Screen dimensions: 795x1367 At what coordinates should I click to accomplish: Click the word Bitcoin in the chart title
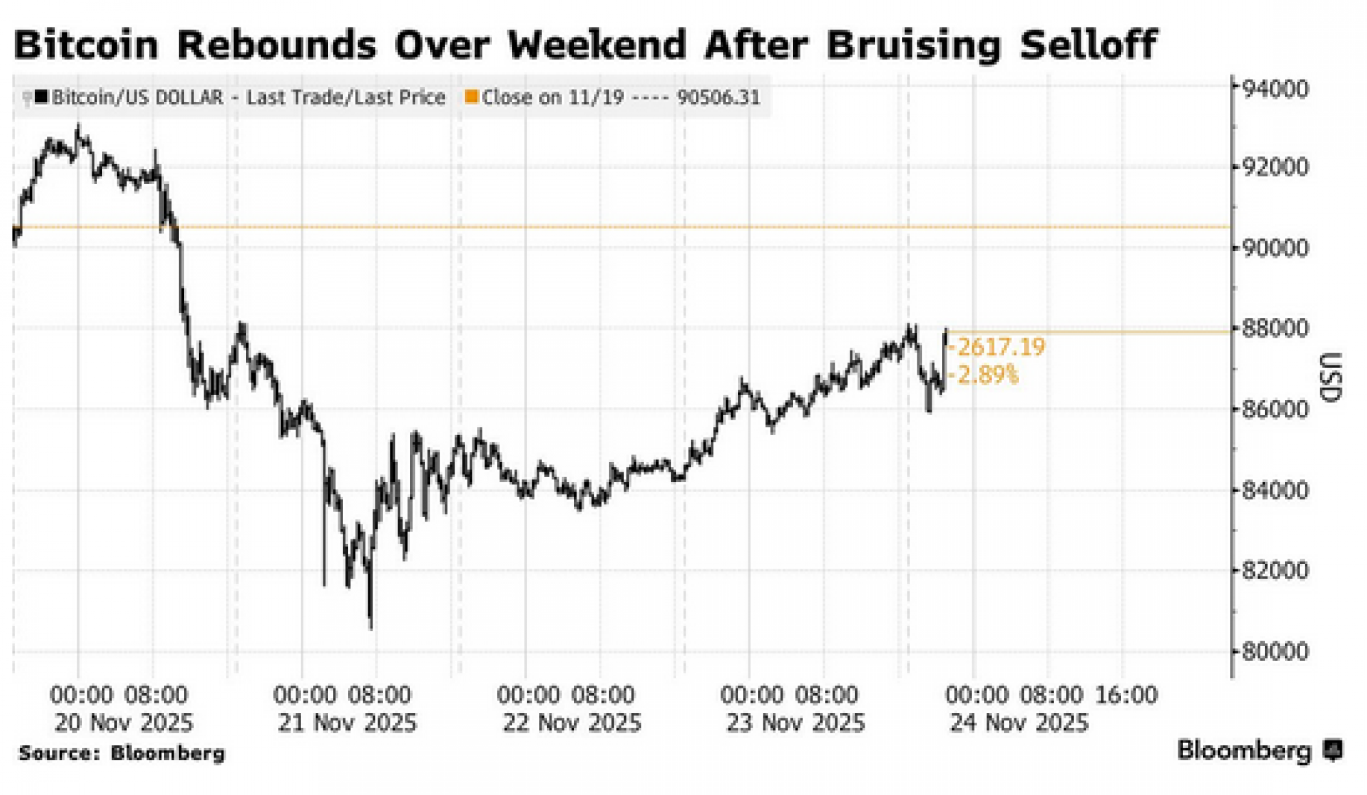pyautogui.click(x=85, y=45)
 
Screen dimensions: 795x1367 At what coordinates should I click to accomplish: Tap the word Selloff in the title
pyautogui.click(x=1087, y=45)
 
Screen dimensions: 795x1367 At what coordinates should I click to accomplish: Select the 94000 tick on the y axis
pyautogui.click(x=1275, y=90)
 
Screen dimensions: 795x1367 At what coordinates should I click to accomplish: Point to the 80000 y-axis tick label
pyautogui.click(x=1275, y=651)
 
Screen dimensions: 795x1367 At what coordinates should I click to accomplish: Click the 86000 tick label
pyautogui.click(x=1275, y=409)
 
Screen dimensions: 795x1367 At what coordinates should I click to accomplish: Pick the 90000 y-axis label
pyautogui.click(x=1275, y=248)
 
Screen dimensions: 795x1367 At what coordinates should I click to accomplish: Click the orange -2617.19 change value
pyautogui.click(x=1000, y=347)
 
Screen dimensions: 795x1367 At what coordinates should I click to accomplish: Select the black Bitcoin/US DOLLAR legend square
pyautogui.click(x=42, y=97)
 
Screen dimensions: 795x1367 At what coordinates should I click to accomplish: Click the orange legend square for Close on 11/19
pyautogui.click(x=471, y=97)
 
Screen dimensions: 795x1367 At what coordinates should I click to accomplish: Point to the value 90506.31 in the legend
pyautogui.click(x=718, y=97)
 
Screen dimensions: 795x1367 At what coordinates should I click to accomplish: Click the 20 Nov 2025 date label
pyautogui.click(x=124, y=723)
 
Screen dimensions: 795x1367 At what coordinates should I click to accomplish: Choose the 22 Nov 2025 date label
pyautogui.click(x=572, y=723)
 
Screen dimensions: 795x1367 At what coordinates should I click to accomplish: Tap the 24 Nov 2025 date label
pyautogui.click(x=1019, y=723)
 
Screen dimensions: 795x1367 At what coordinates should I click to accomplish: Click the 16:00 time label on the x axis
pyautogui.click(x=1126, y=695)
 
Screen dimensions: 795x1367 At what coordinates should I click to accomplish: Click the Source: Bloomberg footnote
pyautogui.click(x=122, y=753)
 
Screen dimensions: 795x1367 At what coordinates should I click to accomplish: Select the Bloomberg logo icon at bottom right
pyautogui.click(x=1332, y=751)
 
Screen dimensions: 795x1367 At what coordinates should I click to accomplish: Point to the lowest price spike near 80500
pyautogui.click(x=371, y=625)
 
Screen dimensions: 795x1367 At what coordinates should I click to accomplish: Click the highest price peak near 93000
pyautogui.click(x=79, y=126)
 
